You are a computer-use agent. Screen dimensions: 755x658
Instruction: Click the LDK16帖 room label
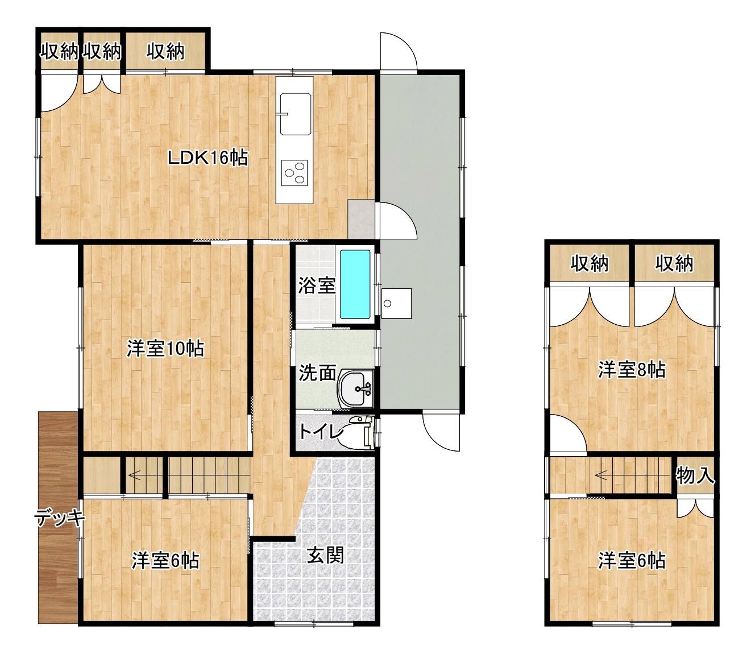208,158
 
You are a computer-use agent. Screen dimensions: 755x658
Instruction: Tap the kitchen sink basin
295,114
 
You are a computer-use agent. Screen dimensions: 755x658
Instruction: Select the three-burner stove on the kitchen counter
294,173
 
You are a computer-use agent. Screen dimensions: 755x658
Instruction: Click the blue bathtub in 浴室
355,284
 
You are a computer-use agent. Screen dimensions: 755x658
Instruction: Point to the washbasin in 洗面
355,389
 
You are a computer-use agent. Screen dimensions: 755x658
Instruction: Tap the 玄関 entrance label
325,554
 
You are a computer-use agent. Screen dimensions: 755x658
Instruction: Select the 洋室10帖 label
165,348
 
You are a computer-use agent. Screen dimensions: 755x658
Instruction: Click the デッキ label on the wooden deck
60,518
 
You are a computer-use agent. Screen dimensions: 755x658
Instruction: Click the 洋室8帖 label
632,370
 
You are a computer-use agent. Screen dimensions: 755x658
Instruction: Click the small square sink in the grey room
396,303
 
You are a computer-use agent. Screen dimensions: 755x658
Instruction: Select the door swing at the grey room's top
399,51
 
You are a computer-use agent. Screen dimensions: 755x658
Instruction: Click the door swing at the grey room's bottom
441,432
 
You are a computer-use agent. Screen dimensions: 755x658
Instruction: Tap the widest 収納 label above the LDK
165,51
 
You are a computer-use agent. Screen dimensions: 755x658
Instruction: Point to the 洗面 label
317,373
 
